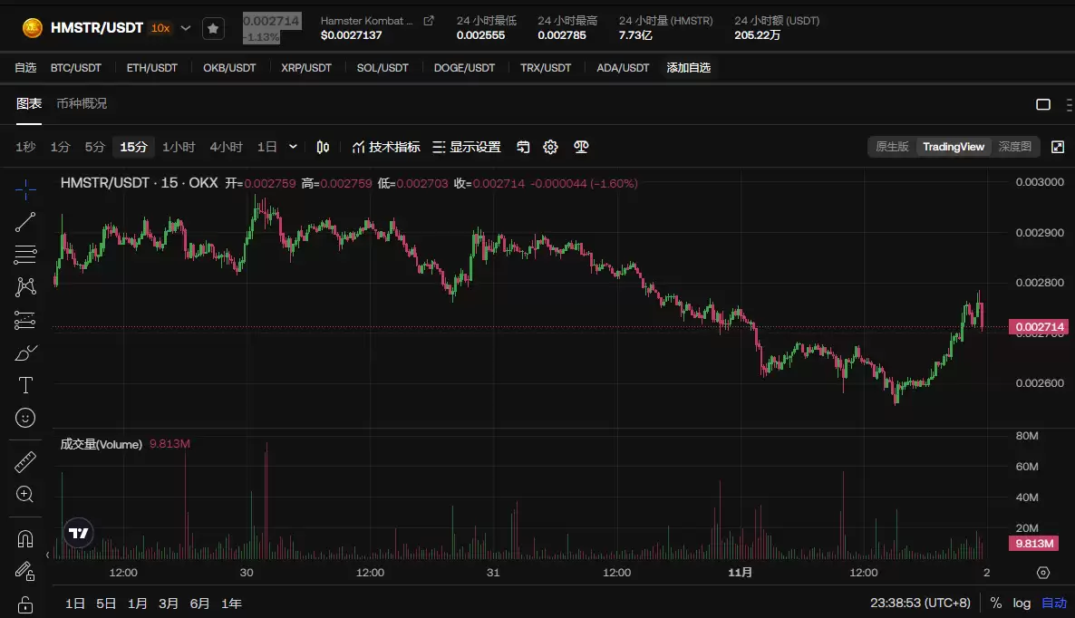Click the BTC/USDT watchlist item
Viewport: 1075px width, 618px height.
pos(75,68)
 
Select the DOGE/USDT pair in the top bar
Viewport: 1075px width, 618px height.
pos(464,68)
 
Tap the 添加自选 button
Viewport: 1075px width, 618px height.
pos(689,68)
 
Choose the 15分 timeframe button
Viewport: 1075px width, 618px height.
pos(133,147)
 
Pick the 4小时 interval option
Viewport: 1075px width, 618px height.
pos(226,147)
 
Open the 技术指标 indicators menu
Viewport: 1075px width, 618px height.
pos(386,147)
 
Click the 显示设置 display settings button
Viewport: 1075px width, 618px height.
pos(467,147)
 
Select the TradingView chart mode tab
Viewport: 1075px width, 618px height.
pos(953,147)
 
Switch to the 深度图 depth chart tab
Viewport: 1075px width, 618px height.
pos(1014,147)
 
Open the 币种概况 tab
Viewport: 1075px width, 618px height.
pos(82,103)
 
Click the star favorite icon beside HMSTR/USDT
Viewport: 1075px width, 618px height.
pos(212,29)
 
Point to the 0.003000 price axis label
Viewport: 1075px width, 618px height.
pos(1039,182)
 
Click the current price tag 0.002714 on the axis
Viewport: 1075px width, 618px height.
pos(1041,326)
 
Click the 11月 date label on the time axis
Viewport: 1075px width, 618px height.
pos(741,573)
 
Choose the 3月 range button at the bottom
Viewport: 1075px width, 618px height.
pos(169,604)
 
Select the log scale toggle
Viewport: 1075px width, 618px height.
pos(1022,604)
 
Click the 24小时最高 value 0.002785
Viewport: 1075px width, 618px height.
pos(561,35)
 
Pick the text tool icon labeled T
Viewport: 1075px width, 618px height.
pos(25,385)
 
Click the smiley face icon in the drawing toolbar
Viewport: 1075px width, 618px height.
pos(25,418)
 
